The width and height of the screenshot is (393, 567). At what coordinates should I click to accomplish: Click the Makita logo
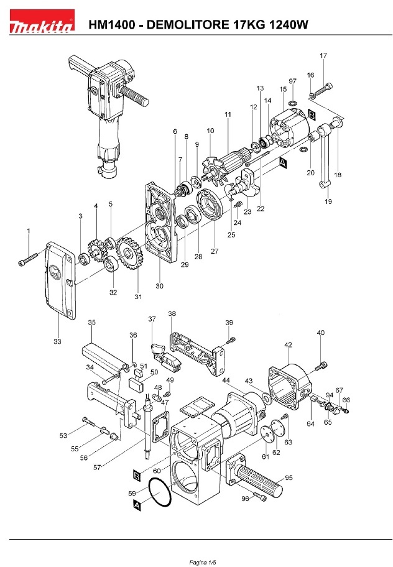[x=42, y=22]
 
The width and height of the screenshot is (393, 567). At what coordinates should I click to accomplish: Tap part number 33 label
[x=57, y=341]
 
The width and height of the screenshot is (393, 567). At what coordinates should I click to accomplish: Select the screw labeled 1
[x=27, y=260]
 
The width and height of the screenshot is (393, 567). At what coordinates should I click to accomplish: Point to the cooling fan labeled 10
[x=216, y=172]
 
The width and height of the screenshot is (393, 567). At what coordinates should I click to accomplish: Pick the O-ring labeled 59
[x=160, y=493]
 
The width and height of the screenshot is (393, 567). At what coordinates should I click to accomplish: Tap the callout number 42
[x=288, y=345]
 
